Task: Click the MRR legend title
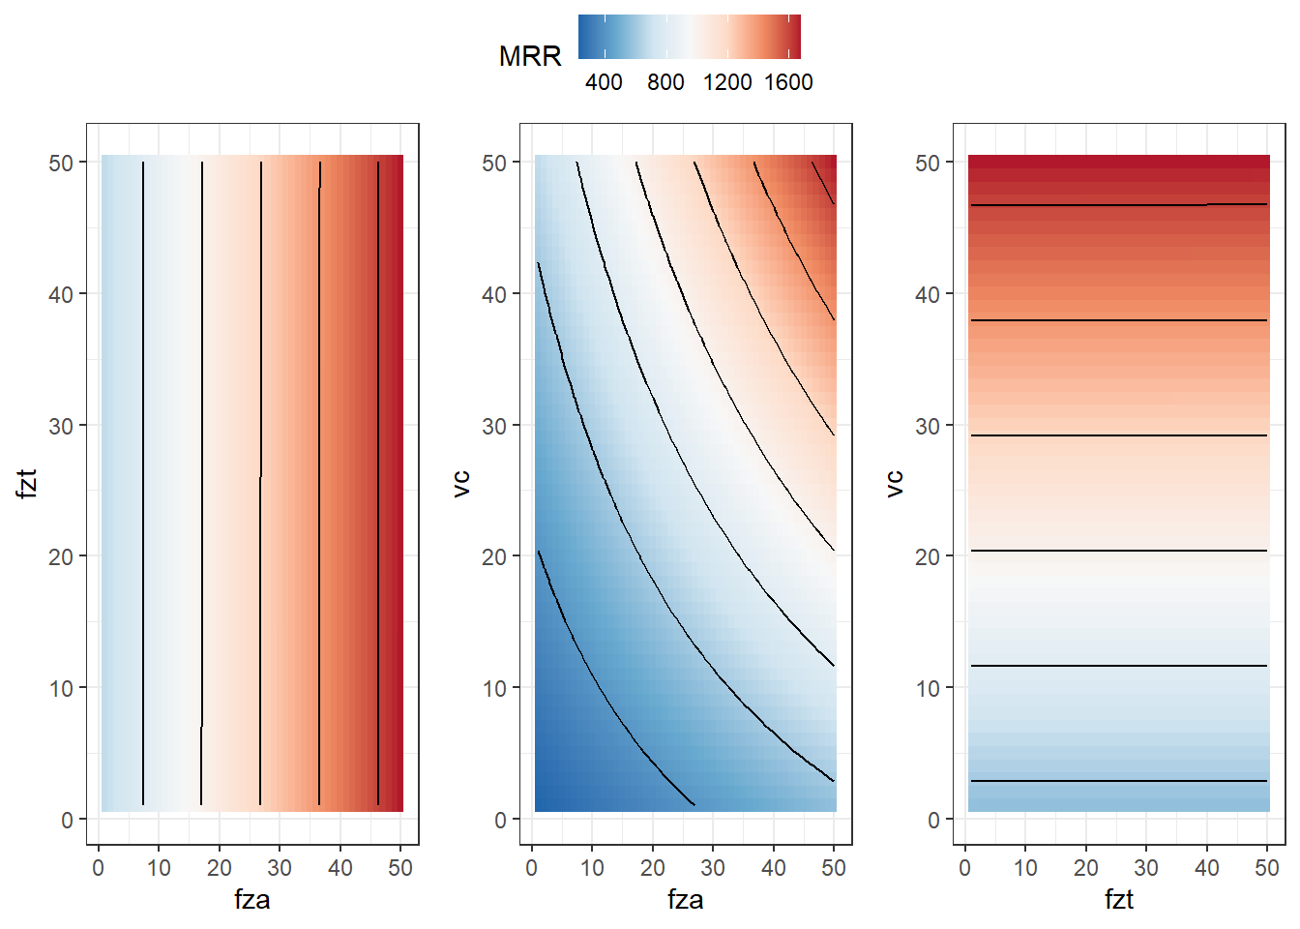(x=530, y=57)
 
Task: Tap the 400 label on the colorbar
(x=604, y=82)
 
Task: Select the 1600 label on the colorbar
(x=788, y=82)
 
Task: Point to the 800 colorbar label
(x=665, y=82)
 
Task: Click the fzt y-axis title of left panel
(x=27, y=483)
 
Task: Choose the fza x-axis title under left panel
(x=252, y=899)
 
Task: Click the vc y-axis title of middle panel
(x=460, y=484)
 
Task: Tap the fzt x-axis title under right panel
(x=1119, y=899)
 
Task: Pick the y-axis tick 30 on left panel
(x=61, y=426)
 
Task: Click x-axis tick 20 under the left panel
(x=220, y=868)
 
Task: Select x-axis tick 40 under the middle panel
(x=774, y=868)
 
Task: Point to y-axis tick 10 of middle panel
(x=494, y=689)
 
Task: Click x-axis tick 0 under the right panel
(x=965, y=868)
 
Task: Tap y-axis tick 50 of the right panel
(x=928, y=164)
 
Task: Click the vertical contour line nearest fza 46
(x=378, y=483)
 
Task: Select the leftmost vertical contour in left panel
(x=143, y=483)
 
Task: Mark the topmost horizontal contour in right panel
(x=1118, y=205)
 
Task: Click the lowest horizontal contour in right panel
(x=1118, y=781)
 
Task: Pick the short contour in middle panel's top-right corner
(x=823, y=182)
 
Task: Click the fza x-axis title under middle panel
(x=686, y=899)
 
